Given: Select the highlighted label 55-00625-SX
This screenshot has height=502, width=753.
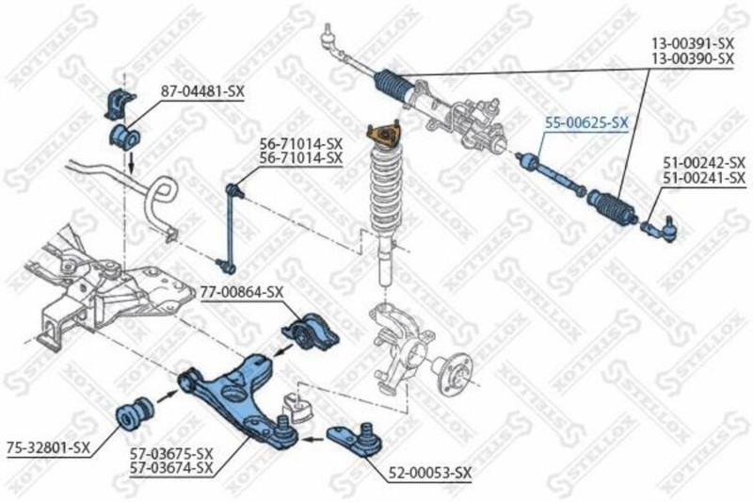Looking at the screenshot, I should [586, 122].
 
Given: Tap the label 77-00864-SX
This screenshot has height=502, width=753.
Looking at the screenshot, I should [242, 292].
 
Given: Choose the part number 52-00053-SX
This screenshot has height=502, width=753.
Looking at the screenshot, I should [429, 472].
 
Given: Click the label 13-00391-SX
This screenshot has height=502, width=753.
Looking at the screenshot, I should [694, 43].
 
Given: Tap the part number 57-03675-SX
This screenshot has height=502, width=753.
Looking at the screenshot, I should [171, 453].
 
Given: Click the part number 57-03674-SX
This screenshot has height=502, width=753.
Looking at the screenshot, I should [171, 467].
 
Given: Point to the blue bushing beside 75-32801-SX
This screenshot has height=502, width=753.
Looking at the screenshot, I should [135, 412].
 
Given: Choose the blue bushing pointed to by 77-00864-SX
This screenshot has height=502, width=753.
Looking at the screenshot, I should [306, 331].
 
